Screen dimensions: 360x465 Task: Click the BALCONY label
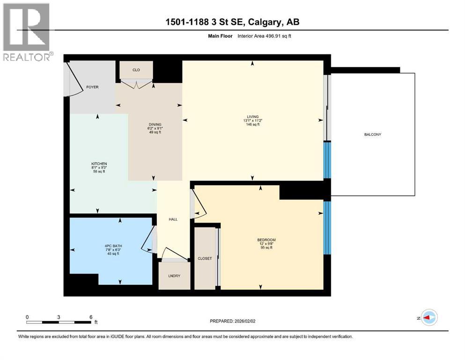coord(372,135)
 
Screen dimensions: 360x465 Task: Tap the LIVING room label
coord(253,117)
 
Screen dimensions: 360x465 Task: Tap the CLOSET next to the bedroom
coord(205,258)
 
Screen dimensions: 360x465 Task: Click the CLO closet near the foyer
coord(136,70)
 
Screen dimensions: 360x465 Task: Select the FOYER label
coord(92,87)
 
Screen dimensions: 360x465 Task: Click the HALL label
coord(173,219)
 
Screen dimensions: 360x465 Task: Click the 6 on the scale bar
coord(91,317)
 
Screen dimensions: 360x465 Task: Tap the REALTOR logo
coord(28,32)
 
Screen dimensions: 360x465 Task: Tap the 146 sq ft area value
coord(253,124)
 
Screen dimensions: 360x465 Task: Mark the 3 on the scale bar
coord(59,317)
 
